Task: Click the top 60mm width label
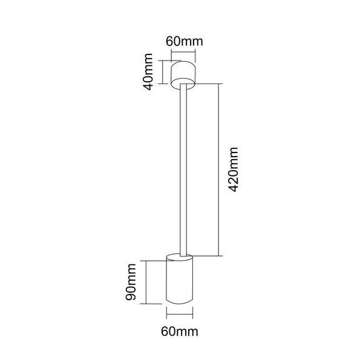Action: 185,41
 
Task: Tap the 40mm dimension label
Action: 148,72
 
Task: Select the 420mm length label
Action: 233,169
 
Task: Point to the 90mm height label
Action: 131,282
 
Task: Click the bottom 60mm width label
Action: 180,332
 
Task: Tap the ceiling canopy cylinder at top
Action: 183,75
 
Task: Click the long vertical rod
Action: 183,170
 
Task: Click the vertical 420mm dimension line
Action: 219,169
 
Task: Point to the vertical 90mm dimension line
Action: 146,282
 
